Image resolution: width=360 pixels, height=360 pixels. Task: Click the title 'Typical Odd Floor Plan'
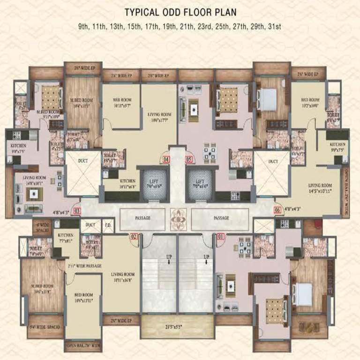pos(180,12)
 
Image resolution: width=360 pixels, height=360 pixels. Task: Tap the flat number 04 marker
pos(165,159)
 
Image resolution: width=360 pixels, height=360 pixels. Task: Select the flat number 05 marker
pos(189,159)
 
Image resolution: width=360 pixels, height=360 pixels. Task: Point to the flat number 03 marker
pos(77,211)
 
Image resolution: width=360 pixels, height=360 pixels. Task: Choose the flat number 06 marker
pos(277,211)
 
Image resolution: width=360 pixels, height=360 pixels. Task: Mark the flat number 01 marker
pos(220,237)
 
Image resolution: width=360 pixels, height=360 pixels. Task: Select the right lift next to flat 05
pos(200,183)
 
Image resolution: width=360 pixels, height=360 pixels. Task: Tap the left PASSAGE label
pos(142,218)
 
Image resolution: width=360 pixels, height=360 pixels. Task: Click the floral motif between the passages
pos(178,217)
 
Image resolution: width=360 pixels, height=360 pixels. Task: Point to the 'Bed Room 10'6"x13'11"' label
pos(84,297)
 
